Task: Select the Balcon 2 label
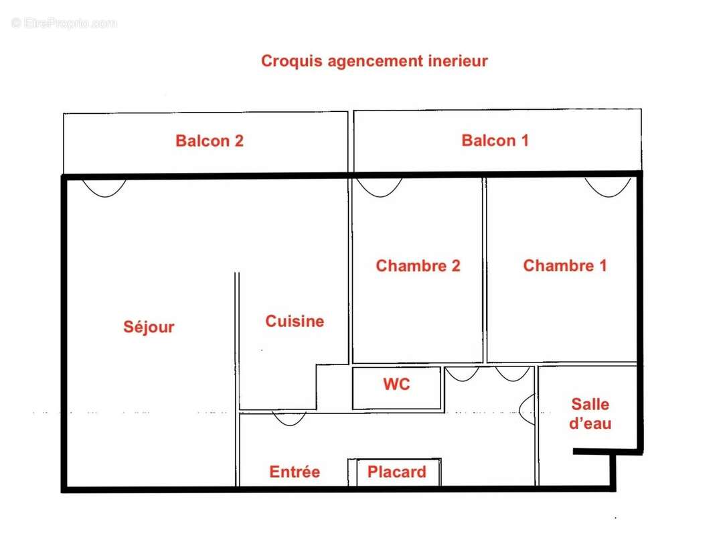pos(210,141)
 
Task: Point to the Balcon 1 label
pos(495,141)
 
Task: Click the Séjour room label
pos(149,327)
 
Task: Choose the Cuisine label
pos(295,322)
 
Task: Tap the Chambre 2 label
pos(418,266)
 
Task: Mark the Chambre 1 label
pos(565,266)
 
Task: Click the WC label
pos(396,385)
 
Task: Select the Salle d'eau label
pos(590,414)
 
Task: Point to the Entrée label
pos(295,472)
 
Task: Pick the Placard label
pos(396,472)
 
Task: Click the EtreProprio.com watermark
pos(64,23)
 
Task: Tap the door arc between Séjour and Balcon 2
pos(104,187)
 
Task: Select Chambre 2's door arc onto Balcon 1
pos(379,187)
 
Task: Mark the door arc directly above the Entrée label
pos(289,419)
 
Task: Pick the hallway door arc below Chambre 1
pos(513,374)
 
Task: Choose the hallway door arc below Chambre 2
pos(462,374)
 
